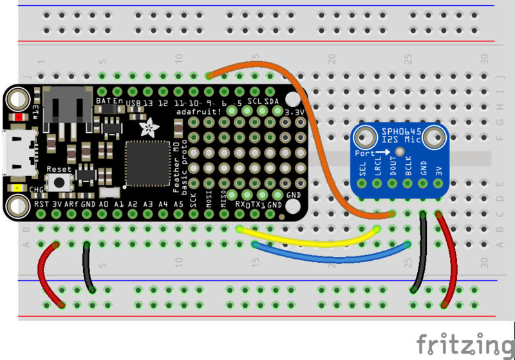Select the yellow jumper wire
pyautogui.click(x=309, y=242)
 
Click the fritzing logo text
pyautogui.click(x=464, y=343)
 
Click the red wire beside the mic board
pyautogui.click(x=450, y=258)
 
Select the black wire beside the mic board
pyautogui.click(x=420, y=254)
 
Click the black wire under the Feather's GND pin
pyautogui.click(x=88, y=267)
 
